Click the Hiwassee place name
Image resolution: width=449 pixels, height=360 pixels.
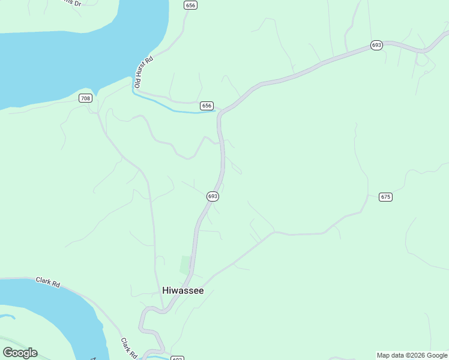pos(183,290)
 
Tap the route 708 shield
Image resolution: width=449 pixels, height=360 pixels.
pos(85,98)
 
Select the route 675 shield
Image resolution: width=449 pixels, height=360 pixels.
pos(385,197)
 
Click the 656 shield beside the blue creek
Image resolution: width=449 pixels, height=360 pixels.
pos(206,106)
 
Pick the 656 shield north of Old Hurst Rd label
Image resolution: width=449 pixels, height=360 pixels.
pos(191,5)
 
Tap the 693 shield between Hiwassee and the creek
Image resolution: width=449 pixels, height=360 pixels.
pos(212,196)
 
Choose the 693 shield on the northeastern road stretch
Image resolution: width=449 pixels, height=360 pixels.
pos(376,45)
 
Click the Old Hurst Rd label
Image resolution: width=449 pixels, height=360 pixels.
pos(144,72)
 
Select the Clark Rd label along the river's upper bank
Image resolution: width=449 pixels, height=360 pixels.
pos(48,282)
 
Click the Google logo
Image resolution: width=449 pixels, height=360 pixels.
pos(20,353)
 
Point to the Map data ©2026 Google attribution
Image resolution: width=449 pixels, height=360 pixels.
pos(412,355)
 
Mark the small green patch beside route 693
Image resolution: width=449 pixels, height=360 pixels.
pos(185,265)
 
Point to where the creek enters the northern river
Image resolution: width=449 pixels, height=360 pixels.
pos(133,88)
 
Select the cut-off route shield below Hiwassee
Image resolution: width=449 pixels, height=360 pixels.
pos(177,358)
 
